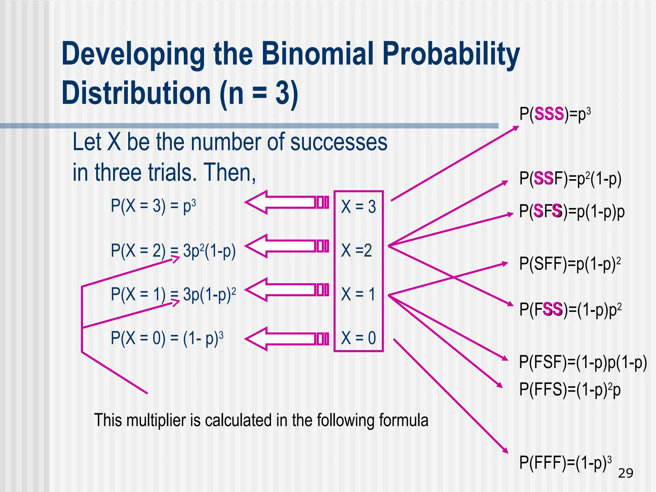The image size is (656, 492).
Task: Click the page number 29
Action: (x=626, y=473)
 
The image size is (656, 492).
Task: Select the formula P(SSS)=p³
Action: (x=554, y=114)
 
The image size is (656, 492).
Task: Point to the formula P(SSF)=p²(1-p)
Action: (x=570, y=179)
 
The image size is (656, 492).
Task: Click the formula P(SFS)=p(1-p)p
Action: (x=572, y=212)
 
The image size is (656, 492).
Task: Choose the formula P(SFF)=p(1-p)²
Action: (x=570, y=264)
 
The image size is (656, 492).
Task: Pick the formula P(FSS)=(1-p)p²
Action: (x=570, y=309)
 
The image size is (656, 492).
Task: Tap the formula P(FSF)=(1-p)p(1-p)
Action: (x=583, y=363)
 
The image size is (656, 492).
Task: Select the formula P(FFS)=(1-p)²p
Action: (x=570, y=390)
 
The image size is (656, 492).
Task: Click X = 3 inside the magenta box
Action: (x=358, y=207)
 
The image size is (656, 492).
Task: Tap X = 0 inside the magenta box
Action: (x=358, y=338)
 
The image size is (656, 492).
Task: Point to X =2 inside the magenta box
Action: (x=357, y=250)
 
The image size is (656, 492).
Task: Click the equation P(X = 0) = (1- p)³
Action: (x=167, y=338)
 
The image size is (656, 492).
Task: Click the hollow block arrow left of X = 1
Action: (x=287, y=290)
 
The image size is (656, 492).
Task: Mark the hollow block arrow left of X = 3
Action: (x=287, y=202)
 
